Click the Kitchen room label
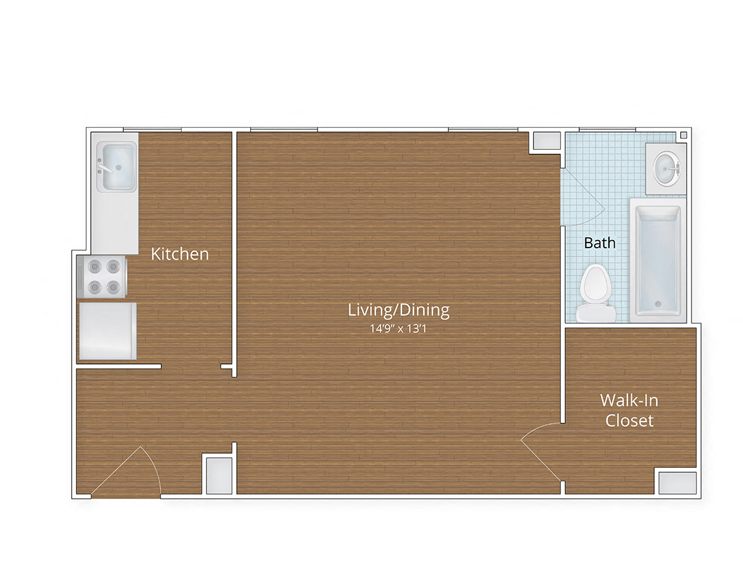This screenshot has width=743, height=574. (180, 254)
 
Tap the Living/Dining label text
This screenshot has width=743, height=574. (398, 310)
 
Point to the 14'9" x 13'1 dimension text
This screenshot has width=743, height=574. (398, 329)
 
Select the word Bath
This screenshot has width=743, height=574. (599, 243)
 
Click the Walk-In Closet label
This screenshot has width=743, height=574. (629, 410)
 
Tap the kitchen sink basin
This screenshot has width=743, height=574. (116, 166)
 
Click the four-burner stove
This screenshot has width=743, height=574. (102, 276)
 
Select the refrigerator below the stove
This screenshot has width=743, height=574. (107, 331)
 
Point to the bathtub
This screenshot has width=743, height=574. (658, 261)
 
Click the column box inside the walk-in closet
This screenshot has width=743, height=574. (677, 483)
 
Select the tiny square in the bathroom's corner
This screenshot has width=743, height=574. (683, 135)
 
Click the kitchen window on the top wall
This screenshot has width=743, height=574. (152, 130)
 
